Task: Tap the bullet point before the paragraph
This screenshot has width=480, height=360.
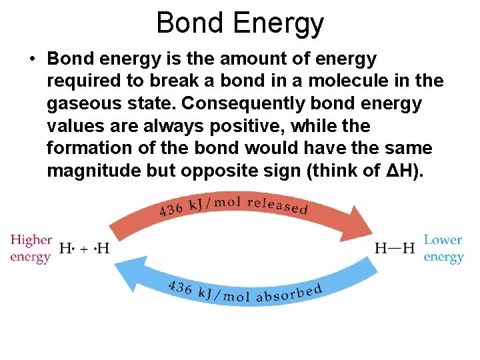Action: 31,59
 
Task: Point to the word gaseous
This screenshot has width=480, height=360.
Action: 83,104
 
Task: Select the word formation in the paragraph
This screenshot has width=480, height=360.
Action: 91,147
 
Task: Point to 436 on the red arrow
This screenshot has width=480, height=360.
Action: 171,210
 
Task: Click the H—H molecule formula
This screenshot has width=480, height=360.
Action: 395,249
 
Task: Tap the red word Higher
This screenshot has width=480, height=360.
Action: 31,240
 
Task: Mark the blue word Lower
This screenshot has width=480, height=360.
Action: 443,240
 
